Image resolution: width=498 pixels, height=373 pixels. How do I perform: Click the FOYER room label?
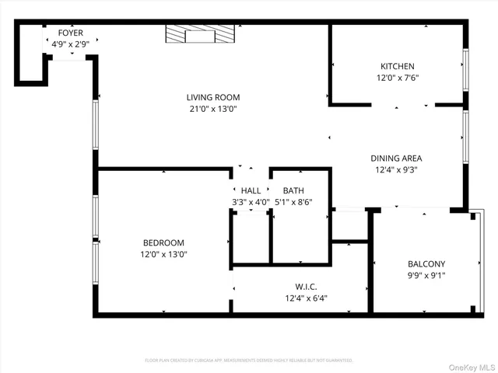coord(71,33)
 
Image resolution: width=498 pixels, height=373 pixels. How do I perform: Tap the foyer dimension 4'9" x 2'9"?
coord(71,44)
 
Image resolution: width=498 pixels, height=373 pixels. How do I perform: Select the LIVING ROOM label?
coord(212,97)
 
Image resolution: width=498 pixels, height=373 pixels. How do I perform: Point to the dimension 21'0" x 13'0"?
coord(212,110)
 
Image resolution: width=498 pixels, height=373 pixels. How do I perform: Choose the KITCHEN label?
coord(397,66)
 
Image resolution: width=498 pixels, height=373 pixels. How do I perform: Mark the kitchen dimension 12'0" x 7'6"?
coord(397,78)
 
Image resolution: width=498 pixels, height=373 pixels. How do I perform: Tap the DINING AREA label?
coord(396,158)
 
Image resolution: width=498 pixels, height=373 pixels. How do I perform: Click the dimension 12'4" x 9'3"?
coord(396,170)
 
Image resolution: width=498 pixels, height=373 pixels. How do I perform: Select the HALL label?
coord(251,190)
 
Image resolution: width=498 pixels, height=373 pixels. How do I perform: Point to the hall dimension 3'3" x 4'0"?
coord(251,202)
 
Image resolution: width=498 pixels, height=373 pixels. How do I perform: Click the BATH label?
coord(293,190)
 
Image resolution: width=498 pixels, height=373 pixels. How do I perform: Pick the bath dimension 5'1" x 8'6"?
coord(293,202)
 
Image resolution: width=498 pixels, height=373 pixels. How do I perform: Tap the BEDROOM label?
coord(163,242)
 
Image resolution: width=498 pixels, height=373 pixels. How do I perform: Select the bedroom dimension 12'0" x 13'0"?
coord(163,254)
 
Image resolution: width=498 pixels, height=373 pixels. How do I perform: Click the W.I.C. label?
coord(306,286)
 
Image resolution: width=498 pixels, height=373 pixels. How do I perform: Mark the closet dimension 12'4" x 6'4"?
coord(306,298)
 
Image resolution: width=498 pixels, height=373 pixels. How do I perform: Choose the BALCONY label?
coord(426,263)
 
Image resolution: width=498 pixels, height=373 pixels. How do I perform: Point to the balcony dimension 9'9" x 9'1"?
coord(426,275)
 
